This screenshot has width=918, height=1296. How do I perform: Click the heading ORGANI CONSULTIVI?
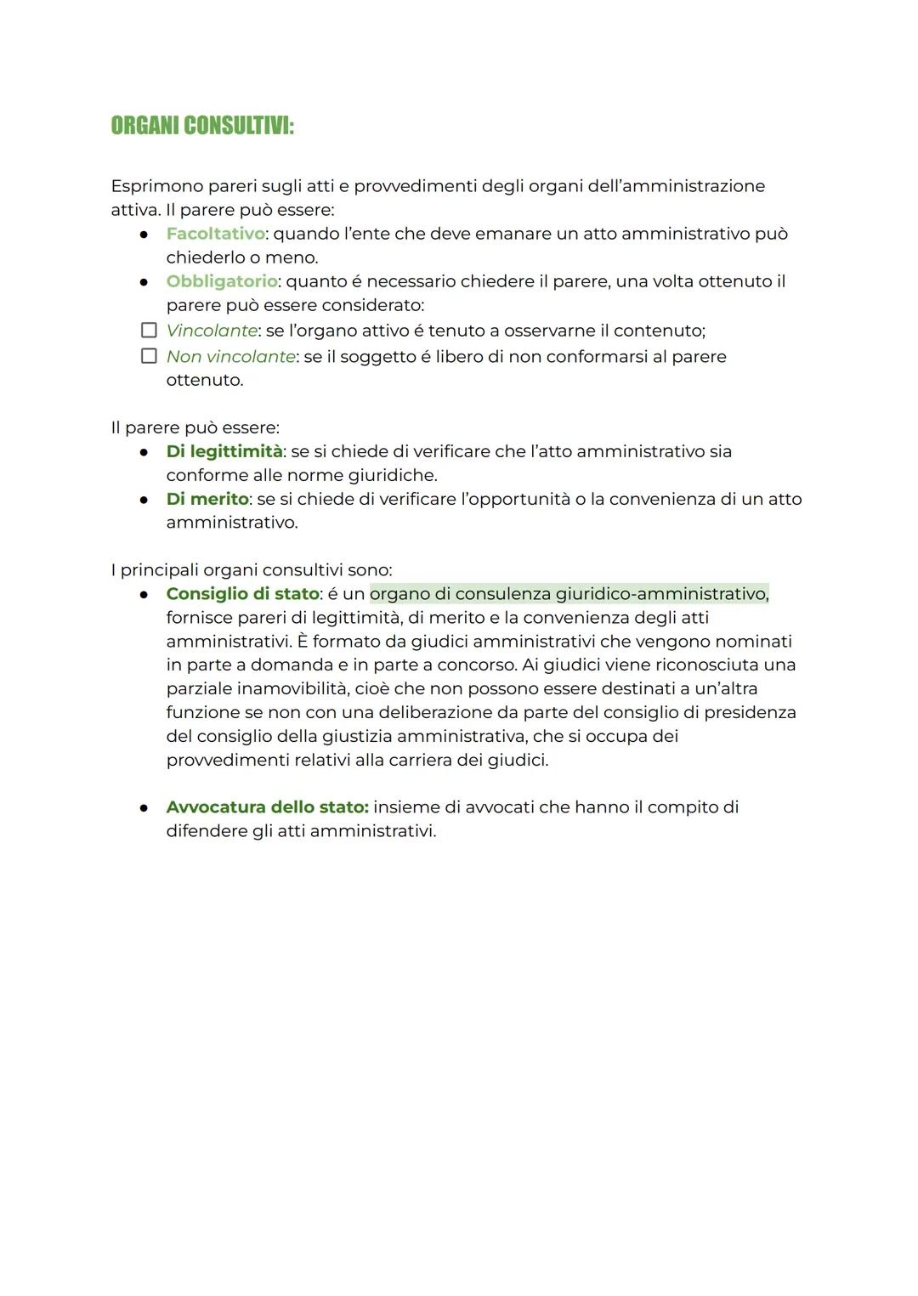[202, 127]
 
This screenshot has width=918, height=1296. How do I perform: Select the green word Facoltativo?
[215, 234]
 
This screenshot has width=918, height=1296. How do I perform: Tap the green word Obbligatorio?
[222, 281]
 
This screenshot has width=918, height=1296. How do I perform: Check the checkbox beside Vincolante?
[149, 331]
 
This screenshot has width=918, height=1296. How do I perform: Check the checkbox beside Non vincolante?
[149, 356]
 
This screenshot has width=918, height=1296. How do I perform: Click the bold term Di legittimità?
[224, 451]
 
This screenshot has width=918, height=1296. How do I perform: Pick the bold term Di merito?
[207, 499]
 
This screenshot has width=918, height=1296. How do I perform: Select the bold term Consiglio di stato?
[242, 594]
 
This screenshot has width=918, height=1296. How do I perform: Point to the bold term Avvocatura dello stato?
[267, 807]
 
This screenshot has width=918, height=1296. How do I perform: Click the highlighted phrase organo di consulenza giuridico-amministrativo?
[569, 594]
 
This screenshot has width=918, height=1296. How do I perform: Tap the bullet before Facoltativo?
[145, 235]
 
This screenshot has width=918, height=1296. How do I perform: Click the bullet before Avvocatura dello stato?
[145, 808]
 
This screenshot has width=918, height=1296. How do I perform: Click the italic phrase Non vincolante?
[230, 357]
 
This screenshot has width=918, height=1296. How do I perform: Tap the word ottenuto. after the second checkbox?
[205, 380]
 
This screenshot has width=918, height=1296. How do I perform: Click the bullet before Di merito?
[145, 500]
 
